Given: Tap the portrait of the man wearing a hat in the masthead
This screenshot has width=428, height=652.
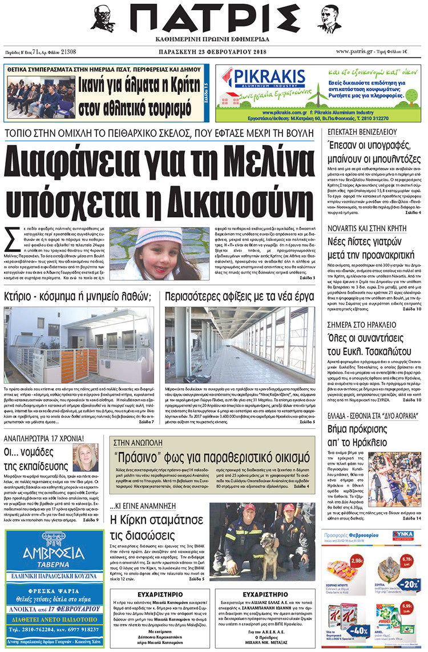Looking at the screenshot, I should click(x=103, y=19).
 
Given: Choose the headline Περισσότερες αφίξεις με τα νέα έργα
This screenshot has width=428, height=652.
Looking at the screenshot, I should click(x=239, y=296).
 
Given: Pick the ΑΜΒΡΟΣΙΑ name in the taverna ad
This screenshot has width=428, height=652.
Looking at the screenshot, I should click(x=54, y=552).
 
